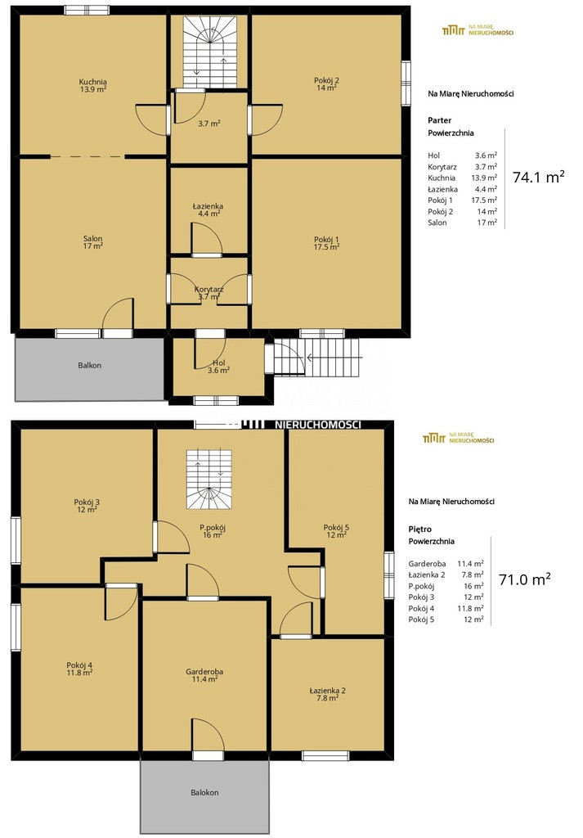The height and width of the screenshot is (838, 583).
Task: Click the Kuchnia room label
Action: [93, 85]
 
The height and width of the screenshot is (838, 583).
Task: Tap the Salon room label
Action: [93, 242]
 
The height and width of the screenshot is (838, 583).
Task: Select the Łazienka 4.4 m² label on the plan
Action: [209, 209]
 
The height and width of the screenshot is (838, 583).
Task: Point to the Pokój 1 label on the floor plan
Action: [326, 243]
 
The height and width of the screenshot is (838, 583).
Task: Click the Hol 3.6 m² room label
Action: [218, 366]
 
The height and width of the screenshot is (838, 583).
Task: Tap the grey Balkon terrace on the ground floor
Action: [89, 369]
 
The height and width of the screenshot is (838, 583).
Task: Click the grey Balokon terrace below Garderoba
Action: [204, 795]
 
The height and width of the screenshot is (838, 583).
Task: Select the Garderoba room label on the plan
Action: [204, 675]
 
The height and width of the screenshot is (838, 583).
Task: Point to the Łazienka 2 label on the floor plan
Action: [327, 694]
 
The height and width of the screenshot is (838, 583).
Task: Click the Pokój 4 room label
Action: [79, 669]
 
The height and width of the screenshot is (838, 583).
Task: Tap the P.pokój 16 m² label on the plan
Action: [213, 531]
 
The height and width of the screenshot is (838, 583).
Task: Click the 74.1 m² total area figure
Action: [539, 177]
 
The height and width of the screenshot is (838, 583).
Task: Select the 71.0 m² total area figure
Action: [525, 579]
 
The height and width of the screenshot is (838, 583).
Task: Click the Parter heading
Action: [439, 120]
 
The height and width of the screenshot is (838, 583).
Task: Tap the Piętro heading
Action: [420, 529]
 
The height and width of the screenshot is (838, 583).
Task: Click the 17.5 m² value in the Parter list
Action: [484, 200]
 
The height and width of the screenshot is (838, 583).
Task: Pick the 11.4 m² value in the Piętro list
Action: [471, 563]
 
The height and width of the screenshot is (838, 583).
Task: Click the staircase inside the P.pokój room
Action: [209, 480]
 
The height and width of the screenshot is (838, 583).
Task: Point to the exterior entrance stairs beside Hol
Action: [316, 357]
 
